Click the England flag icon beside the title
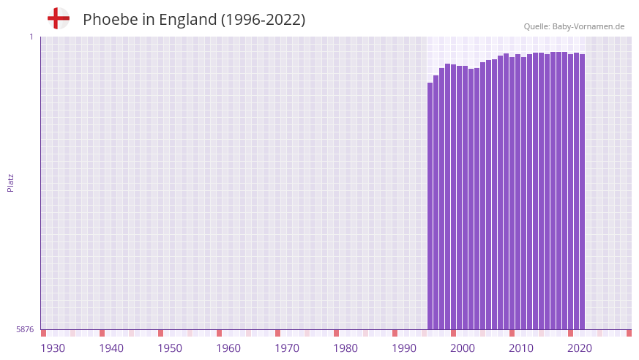click(x=58, y=19)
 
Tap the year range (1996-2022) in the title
click(x=263, y=20)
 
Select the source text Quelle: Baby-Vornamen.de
click(x=574, y=26)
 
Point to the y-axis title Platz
click(x=10, y=182)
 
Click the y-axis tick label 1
click(x=31, y=37)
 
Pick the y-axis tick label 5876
click(x=25, y=329)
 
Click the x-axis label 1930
click(x=53, y=348)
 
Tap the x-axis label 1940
click(x=111, y=348)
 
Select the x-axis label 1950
click(x=170, y=348)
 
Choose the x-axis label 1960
click(x=228, y=348)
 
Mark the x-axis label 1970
click(x=287, y=348)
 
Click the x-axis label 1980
click(x=345, y=348)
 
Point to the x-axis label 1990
click(x=404, y=348)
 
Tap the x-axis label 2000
click(x=463, y=348)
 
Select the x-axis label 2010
click(x=521, y=348)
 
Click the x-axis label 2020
click(x=580, y=348)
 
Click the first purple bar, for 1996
click(x=430, y=205)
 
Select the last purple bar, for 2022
click(x=582, y=190)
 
